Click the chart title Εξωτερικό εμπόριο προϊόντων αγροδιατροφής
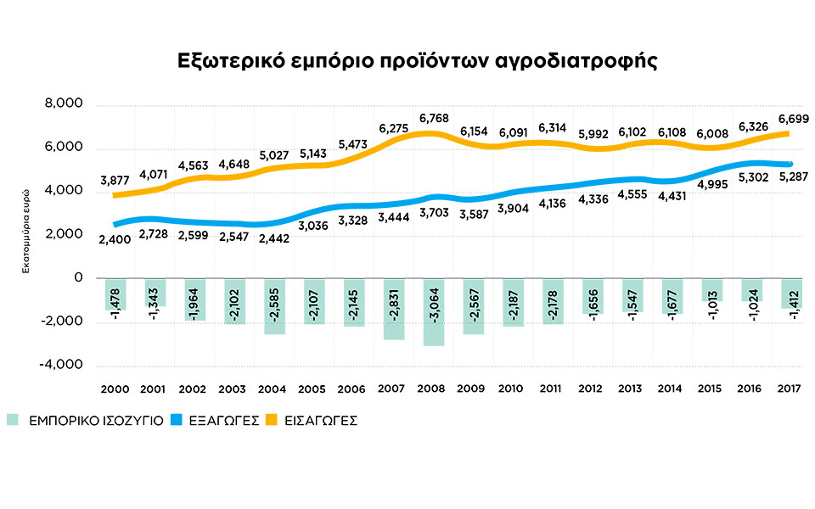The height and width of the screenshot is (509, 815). coord(417,63)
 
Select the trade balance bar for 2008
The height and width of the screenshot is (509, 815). coord(433,311)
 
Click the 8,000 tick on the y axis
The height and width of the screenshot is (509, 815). coord(65,104)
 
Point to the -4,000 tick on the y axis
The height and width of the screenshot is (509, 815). coord(62,365)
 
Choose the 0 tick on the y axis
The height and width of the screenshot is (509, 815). coord(78,277)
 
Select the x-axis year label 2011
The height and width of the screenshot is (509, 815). coord(553,389)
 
